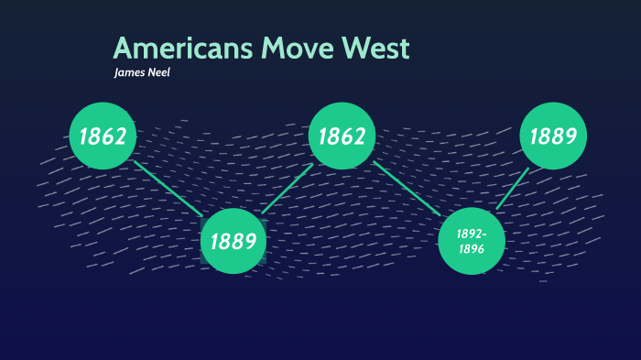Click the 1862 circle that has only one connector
103,136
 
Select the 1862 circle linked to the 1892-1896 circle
342,136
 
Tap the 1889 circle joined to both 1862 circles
234,241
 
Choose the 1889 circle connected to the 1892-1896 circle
553,136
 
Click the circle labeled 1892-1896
472,241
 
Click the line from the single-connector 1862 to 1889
168,189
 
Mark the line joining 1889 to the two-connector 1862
288,189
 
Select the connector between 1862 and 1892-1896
407,189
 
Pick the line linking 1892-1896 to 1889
513,189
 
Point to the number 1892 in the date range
470,234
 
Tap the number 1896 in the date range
472,248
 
